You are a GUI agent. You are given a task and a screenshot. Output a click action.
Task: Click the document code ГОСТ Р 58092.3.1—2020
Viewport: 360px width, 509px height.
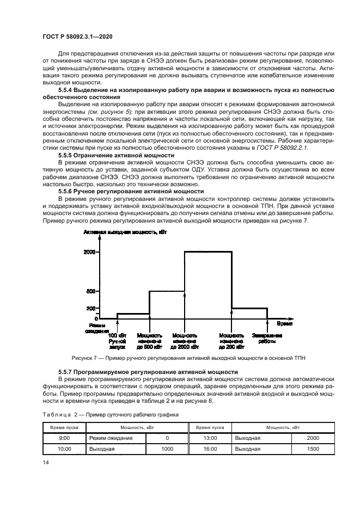coord(74,36)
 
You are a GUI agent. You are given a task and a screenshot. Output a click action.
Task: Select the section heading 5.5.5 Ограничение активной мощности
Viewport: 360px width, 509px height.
coord(116,155)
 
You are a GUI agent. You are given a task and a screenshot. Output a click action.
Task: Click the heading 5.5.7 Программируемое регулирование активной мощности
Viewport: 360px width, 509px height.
coord(148,371)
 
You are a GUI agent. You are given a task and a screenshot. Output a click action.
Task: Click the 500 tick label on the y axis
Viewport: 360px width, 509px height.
coord(91,291)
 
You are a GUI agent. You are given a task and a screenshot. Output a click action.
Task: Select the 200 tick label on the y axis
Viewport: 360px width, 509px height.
coord(91,308)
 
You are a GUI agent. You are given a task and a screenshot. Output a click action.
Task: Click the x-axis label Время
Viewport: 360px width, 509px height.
coord(285,323)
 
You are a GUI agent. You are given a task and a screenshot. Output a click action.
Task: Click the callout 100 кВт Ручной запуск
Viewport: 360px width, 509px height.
coord(117,341)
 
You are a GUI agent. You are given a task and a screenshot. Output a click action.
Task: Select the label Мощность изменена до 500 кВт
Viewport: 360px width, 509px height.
coord(149,341)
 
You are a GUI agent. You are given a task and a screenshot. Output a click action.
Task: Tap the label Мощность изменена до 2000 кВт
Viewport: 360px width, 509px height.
coord(185,341)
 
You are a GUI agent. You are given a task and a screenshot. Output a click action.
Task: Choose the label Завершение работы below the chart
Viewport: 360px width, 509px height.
coord(267,338)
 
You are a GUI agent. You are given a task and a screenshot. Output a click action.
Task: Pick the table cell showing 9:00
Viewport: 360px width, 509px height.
coord(64,438)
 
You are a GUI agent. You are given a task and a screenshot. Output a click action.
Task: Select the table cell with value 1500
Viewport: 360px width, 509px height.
coord(313,449)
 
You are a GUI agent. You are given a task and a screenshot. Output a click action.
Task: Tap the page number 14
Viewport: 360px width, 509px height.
coord(46,462)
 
